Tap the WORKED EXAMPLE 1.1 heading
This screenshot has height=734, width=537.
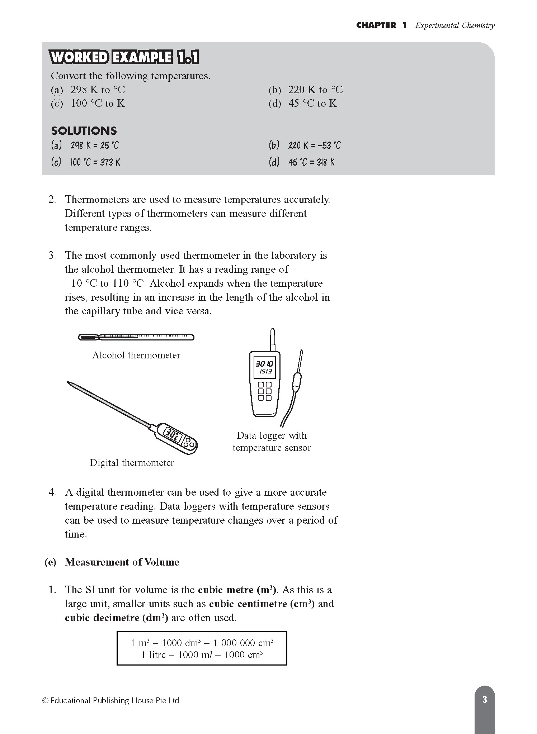point(124,57)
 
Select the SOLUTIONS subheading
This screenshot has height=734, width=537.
point(84,130)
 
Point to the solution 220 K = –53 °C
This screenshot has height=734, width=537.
point(314,146)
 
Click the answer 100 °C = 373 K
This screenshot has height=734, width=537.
point(95,162)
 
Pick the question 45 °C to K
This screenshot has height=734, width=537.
point(312,104)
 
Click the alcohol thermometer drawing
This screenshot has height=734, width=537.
point(136,337)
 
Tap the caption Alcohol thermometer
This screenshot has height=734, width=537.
point(136,355)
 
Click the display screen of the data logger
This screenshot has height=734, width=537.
point(264,368)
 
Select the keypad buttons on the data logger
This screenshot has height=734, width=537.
point(265,391)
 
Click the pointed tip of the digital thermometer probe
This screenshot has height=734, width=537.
point(69,383)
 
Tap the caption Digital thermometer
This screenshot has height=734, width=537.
point(132,463)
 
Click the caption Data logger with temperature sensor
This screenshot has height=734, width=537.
point(272,442)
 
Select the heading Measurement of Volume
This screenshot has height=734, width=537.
point(122,562)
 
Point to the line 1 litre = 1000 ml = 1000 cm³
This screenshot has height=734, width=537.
point(202,655)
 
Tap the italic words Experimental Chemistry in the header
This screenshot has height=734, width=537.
point(455,25)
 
